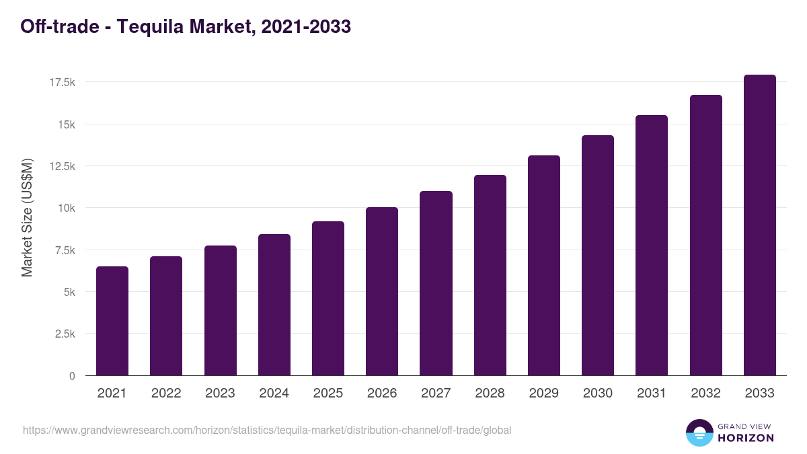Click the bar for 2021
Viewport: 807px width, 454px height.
click(112, 321)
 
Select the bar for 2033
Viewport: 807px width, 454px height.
click(759, 225)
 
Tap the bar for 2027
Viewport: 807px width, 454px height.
click(436, 283)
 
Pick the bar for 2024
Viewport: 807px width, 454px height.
click(274, 305)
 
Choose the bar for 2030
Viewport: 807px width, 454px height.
click(598, 256)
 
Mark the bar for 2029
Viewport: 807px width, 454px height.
click(543, 266)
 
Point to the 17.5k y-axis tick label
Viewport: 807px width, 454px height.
click(62, 82)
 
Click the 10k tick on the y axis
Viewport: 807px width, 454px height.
click(66, 208)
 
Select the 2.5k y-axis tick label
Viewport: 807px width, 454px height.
click(65, 334)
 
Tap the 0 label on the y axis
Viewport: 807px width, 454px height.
click(71, 376)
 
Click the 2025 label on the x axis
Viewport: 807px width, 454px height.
click(328, 393)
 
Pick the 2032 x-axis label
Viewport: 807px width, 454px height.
click(705, 393)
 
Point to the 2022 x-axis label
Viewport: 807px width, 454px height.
click(166, 393)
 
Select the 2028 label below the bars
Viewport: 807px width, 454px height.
click(490, 393)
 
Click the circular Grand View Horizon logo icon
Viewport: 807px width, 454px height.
click(699, 432)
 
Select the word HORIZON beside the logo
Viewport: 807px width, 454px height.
click(746, 438)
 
